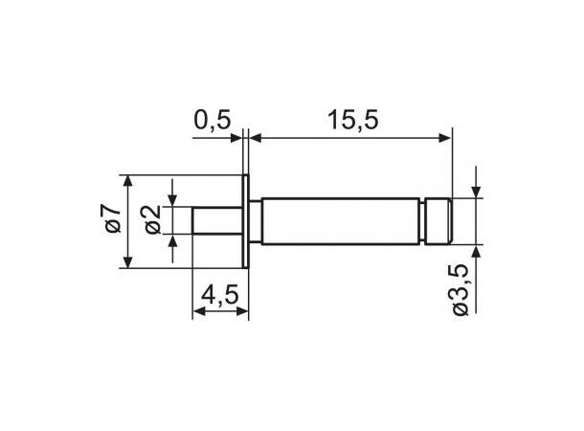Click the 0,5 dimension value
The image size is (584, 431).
point(212,121)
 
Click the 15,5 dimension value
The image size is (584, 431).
point(349,121)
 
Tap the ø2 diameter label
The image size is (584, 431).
point(155,222)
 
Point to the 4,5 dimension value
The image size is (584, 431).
point(219,296)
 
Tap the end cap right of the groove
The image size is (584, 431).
point(439,221)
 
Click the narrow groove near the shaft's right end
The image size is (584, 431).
point(425,221)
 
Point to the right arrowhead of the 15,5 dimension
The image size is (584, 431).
point(444,139)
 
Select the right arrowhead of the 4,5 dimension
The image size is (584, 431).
point(243,312)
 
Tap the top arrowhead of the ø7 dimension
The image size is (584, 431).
point(127,181)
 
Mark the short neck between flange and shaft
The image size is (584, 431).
point(256,221)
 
